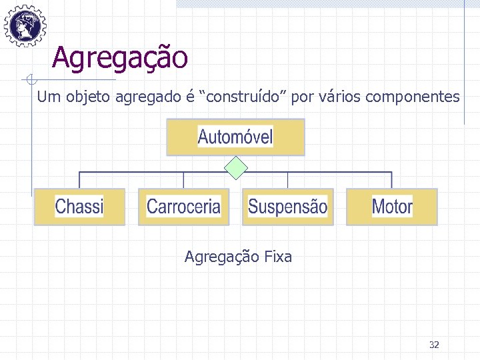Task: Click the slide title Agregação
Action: (x=120, y=57)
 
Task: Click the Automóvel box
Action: (x=235, y=137)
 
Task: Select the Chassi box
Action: (x=79, y=207)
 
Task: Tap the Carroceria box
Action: (x=183, y=207)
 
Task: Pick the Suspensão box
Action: (x=287, y=207)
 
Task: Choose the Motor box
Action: (x=392, y=207)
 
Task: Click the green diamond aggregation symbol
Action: (x=236, y=168)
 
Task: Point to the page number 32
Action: (x=434, y=345)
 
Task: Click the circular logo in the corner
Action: (x=25, y=25)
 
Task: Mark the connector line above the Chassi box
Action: (x=79, y=180)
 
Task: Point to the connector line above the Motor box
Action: (x=392, y=180)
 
